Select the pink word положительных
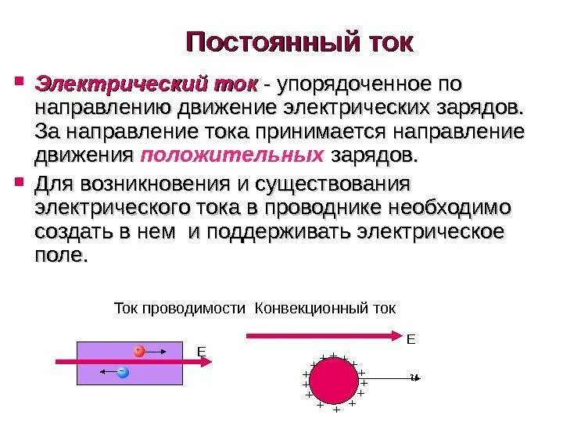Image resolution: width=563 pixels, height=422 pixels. click(x=231, y=155)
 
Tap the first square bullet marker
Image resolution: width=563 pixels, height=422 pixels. click(x=19, y=80)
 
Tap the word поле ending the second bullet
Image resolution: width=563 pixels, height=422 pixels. click(x=61, y=256)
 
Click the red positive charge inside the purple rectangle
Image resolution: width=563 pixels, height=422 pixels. click(x=139, y=350)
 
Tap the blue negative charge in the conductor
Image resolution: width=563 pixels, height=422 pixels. click(x=122, y=372)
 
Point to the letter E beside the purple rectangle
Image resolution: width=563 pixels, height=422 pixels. click(x=200, y=353)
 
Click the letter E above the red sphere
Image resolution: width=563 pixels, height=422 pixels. click(x=411, y=341)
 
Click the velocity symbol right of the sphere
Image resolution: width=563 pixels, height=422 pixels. click(x=414, y=378)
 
